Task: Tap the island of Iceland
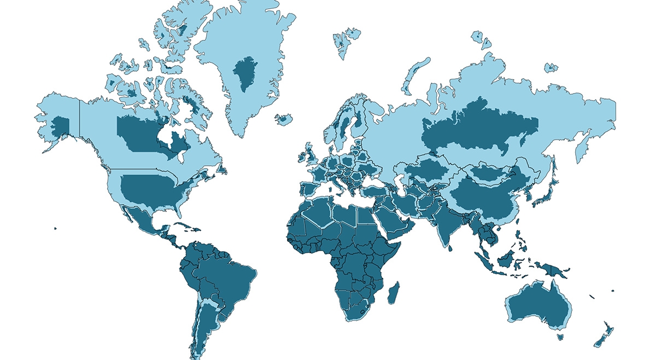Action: (284, 119)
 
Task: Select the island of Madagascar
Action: (393, 292)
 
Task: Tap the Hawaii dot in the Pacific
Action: (55, 229)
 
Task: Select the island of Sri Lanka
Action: (449, 248)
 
